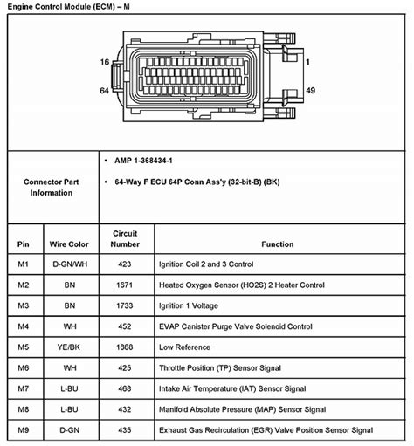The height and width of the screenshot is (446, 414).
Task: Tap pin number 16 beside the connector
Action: click(x=104, y=62)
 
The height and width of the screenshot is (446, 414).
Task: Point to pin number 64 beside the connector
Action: click(x=104, y=89)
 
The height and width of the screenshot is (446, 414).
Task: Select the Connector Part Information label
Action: click(x=52, y=187)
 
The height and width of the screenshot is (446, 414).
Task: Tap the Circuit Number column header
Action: click(x=126, y=239)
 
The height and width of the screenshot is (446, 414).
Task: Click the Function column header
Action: click(x=277, y=244)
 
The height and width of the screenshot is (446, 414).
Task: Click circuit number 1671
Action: click(x=126, y=285)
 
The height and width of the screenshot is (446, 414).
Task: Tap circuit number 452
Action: click(x=126, y=326)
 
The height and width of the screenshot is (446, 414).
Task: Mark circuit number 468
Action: click(x=126, y=388)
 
